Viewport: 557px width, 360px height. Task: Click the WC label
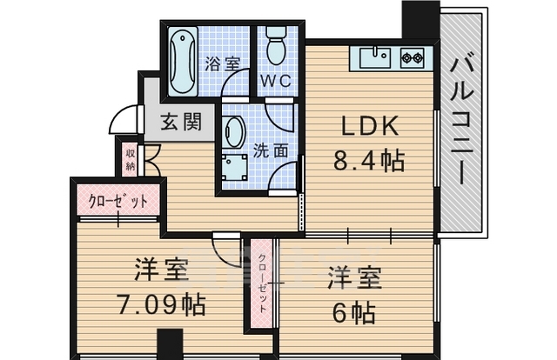pyautogui.click(x=276, y=83)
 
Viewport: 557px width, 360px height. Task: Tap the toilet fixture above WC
pyautogui.click(x=277, y=47)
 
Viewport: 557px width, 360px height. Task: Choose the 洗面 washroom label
pyautogui.click(x=270, y=150)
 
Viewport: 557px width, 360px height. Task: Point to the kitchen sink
pyautogui.click(x=377, y=58)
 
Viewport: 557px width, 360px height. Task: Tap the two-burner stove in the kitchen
pyautogui.click(x=412, y=59)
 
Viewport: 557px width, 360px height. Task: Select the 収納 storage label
pyautogui.click(x=130, y=159)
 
